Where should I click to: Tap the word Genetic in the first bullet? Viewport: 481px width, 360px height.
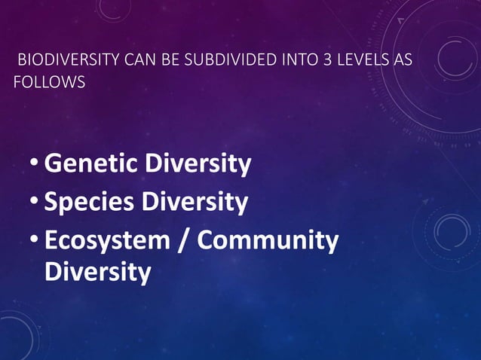88,163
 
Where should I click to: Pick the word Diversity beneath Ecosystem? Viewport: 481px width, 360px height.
97,271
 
